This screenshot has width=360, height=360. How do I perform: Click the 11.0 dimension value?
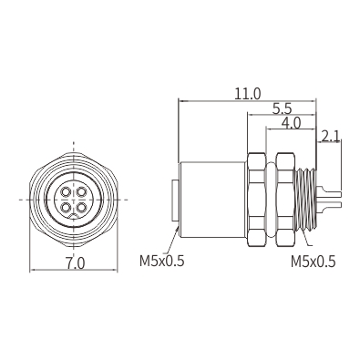pyautogui.click(x=247, y=94)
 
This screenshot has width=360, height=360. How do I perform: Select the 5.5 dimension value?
pyautogui.click(x=282, y=108)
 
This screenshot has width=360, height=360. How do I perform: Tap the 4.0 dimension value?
pyautogui.click(x=291, y=123)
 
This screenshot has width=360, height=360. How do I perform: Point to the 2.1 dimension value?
pyautogui.click(x=330, y=137)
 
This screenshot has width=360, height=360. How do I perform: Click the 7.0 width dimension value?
pyautogui.click(x=75, y=263)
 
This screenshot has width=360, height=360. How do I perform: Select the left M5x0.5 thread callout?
pyautogui.click(x=162, y=261)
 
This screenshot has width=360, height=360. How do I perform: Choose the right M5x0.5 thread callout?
pyautogui.click(x=314, y=262)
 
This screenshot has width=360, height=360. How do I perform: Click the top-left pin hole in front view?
pyautogui.click(x=66, y=192)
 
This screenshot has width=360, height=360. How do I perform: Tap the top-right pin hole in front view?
pyautogui.click(x=81, y=192)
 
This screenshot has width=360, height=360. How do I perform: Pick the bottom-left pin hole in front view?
pyautogui.click(x=66, y=207)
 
